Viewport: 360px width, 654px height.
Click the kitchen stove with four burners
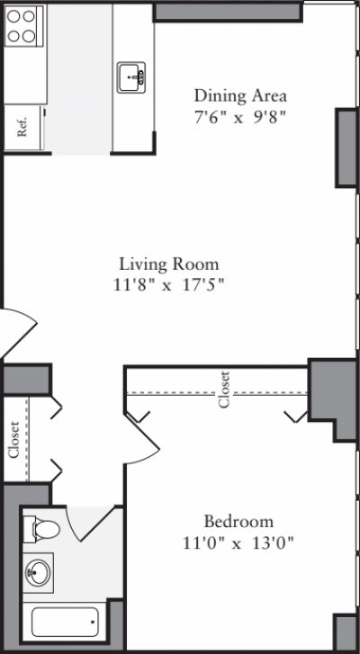point(24,27)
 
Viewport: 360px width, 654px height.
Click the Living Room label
point(169,264)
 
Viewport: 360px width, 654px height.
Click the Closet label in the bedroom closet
point(224,390)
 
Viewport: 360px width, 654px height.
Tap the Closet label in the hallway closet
point(14,440)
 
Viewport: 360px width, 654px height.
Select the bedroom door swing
point(144,441)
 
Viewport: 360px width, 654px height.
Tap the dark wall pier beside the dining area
point(346,148)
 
